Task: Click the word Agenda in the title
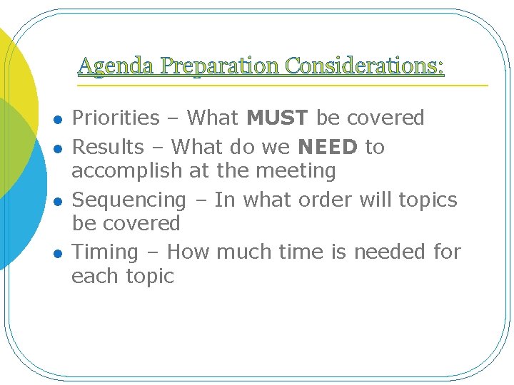click(116, 66)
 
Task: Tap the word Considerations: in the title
click(365, 66)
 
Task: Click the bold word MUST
click(278, 118)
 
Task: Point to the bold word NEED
click(328, 147)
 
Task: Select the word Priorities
click(116, 118)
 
